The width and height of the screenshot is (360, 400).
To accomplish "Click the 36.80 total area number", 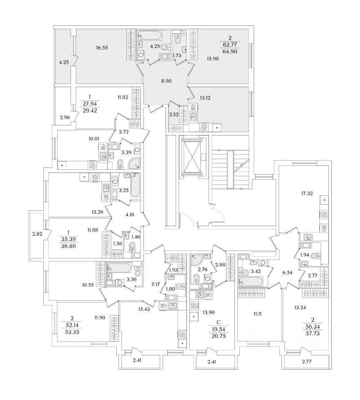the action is coord(68,246).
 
